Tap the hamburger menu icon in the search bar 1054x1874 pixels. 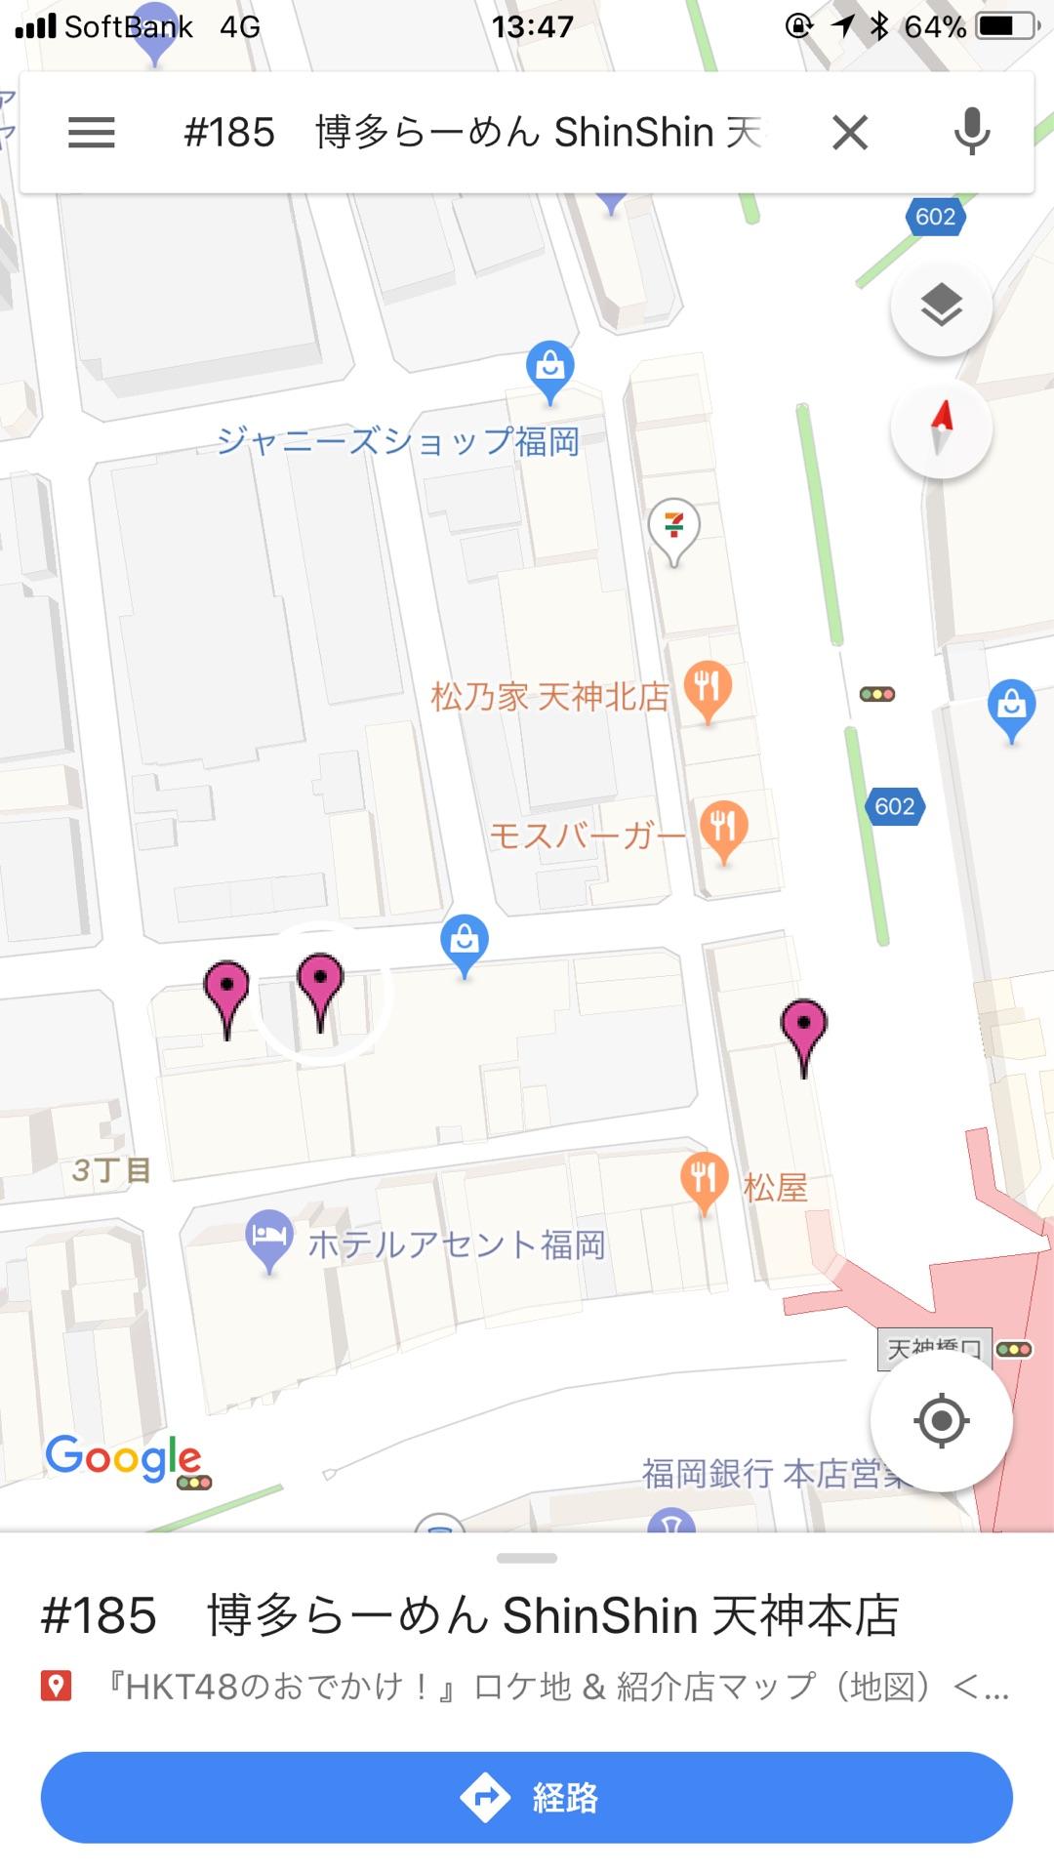92,133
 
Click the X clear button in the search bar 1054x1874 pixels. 850,133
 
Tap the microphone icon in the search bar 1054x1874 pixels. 972,133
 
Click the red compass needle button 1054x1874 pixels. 941,428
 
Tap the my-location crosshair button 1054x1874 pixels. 941,1420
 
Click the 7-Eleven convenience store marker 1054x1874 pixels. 673,527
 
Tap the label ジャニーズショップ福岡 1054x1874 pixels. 398,441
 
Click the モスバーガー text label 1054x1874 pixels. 587,835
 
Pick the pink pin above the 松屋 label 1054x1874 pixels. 803,1032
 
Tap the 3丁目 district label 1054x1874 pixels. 111,1169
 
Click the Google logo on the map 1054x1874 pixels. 123,1458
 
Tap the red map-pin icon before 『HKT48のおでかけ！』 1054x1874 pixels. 56,1686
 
